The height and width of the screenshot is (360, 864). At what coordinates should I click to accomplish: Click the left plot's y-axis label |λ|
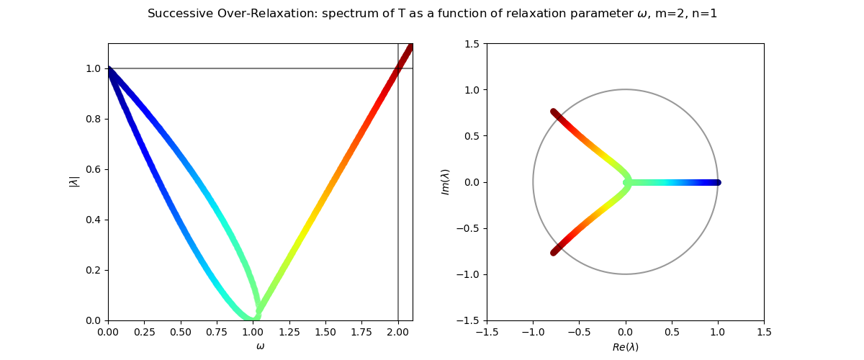pyautogui.click(x=74, y=181)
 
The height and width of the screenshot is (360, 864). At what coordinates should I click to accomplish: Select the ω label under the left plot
pyautogui.click(x=261, y=346)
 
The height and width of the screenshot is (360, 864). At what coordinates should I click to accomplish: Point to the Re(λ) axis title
pyautogui.click(x=625, y=347)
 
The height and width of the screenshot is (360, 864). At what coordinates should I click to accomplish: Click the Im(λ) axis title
pyautogui.click(x=446, y=181)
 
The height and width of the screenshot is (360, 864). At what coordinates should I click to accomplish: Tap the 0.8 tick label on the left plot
pyautogui.click(x=93, y=119)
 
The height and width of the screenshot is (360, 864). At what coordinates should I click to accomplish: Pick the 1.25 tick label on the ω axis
pyautogui.click(x=289, y=332)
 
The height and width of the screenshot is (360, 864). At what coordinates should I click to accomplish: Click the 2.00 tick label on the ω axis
pyautogui.click(x=398, y=332)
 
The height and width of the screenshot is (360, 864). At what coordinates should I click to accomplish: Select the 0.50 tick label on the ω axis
pyautogui.click(x=181, y=332)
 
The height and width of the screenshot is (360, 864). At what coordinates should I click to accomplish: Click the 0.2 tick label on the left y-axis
pyautogui.click(x=93, y=270)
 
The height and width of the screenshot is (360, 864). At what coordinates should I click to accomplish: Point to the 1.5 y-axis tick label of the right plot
pyautogui.click(x=472, y=44)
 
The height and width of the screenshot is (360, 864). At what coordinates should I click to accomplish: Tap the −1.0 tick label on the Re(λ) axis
pyautogui.click(x=533, y=332)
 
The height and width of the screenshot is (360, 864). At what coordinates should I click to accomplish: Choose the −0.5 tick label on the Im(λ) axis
pyautogui.click(x=468, y=228)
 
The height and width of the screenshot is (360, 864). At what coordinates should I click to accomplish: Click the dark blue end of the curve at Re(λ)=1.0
pyautogui.click(x=717, y=182)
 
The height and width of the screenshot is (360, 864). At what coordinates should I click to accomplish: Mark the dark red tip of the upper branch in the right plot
pyautogui.click(x=554, y=112)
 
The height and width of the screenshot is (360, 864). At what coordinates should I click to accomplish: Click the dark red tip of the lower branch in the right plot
pyautogui.click(x=554, y=253)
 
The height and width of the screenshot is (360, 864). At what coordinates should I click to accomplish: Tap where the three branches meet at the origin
pyautogui.click(x=626, y=182)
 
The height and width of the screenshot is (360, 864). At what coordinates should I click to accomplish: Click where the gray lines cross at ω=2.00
pyautogui.click(x=398, y=68)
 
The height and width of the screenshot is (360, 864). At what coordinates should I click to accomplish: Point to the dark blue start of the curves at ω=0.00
pyautogui.click(x=109, y=69)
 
